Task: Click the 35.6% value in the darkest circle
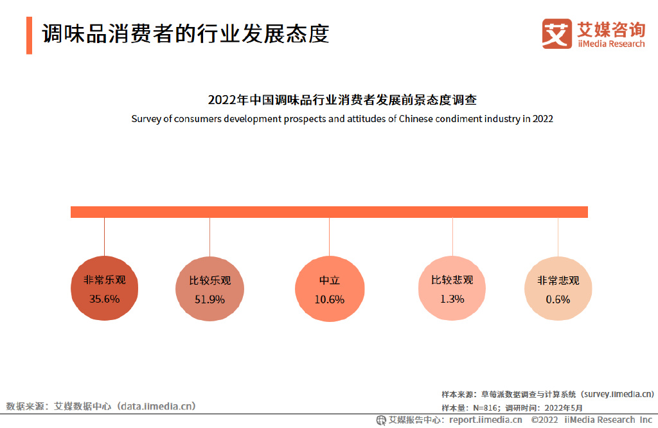[104, 299]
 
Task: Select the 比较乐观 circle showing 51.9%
[209, 290]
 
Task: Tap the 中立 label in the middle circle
[329, 281]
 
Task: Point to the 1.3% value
[452, 298]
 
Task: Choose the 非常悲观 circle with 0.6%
[558, 290]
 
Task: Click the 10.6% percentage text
[329, 299]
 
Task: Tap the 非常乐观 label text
[104, 280]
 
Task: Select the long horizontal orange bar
[329, 212]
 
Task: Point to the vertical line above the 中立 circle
[329, 238]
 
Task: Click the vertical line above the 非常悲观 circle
[558, 238]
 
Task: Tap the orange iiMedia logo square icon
[556, 33]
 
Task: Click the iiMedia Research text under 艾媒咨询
[610, 44]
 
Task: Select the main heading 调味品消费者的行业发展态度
[186, 34]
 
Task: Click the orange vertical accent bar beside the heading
[29, 35]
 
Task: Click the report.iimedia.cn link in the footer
[485, 420]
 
